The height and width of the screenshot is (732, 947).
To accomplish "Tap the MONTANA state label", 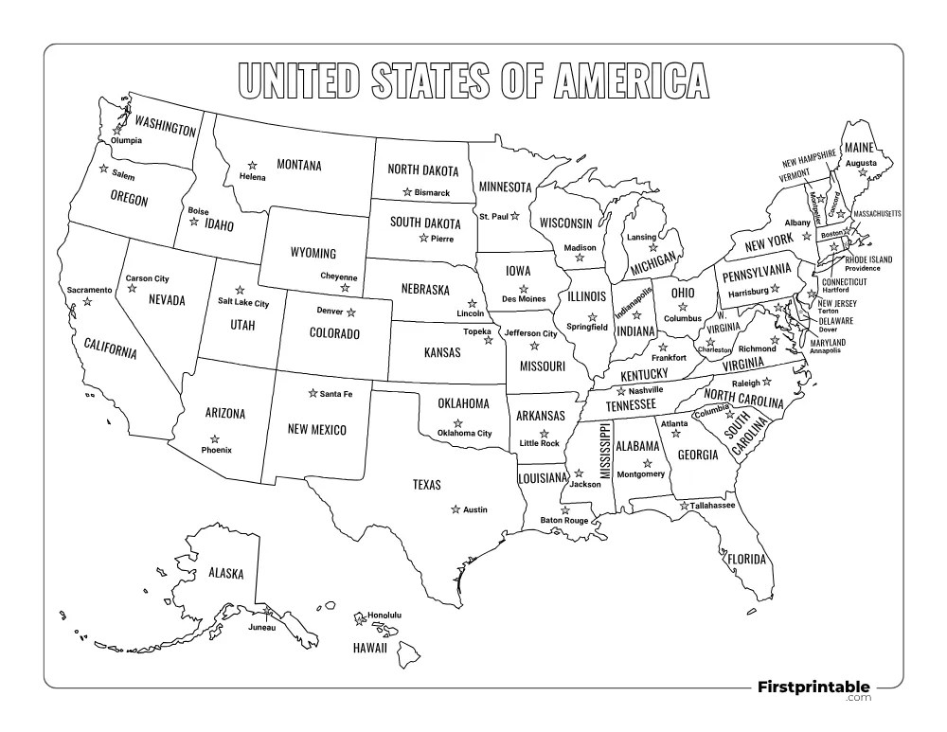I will (x=298, y=165).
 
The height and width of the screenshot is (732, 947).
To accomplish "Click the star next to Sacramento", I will (x=87, y=301).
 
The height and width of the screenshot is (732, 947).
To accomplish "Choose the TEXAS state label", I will (x=426, y=485).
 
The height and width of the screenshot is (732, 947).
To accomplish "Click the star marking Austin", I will (x=456, y=509).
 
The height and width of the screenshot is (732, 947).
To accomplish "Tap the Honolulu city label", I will (x=384, y=615).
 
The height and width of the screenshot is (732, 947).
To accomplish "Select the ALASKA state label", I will (x=226, y=573).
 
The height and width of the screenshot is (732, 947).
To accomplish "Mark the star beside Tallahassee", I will (x=684, y=506).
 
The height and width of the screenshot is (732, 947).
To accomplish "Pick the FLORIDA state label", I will (x=745, y=559).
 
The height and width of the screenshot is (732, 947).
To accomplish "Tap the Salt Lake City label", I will (x=243, y=303).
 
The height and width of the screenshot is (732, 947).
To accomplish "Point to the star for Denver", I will (x=350, y=312).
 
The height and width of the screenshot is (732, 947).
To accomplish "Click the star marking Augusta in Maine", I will (x=862, y=172).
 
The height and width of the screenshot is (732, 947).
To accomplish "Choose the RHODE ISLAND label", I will (x=868, y=259).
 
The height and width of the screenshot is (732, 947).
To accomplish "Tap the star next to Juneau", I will (x=268, y=612).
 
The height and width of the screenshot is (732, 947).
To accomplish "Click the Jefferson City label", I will (x=530, y=333).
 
